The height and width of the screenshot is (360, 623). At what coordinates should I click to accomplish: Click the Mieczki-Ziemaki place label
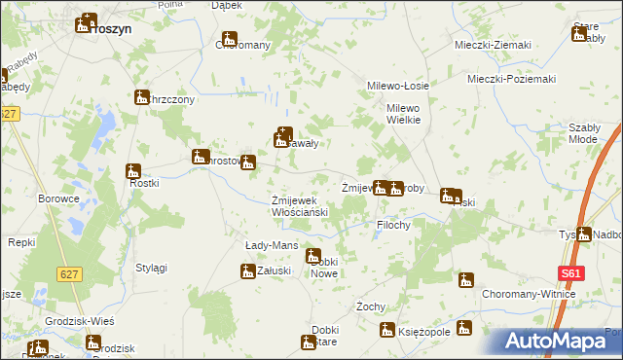coord(493,46)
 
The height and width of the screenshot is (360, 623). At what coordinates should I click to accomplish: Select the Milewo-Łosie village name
coord(397,86)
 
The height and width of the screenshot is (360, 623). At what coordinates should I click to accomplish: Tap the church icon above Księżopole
coord(464,328)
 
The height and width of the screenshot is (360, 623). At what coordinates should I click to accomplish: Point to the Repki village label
coord(21,241)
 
